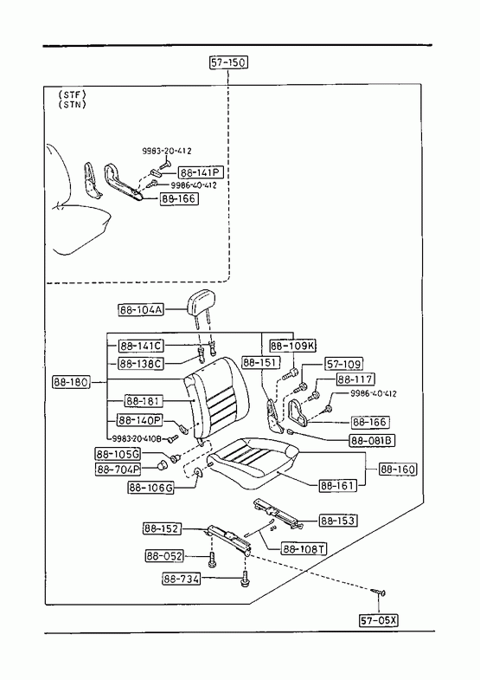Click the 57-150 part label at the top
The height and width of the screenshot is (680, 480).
(x=228, y=62)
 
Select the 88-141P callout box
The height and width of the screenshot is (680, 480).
(x=201, y=172)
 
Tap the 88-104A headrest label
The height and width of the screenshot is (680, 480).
(x=141, y=309)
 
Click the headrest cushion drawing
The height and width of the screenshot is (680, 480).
(x=201, y=302)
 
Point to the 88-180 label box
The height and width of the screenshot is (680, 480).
(x=71, y=382)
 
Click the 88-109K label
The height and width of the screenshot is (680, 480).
(x=293, y=346)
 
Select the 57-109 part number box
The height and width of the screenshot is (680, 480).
(x=343, y=364)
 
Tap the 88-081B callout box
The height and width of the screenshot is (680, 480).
(x=372, y=441)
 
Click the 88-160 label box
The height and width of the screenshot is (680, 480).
(x=398, y=469)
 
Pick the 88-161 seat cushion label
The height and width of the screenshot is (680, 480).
(x=338, y=485)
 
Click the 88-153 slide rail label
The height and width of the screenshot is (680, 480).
(x=338, y=520)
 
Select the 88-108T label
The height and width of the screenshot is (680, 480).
(x=304, y=548)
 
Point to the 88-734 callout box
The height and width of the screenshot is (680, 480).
(x=182, y=579)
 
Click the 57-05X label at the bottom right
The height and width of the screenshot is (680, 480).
(x=378, y=620)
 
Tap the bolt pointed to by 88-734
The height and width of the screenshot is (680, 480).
(x=244, y=580)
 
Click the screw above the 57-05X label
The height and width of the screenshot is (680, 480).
(x=379, y=592)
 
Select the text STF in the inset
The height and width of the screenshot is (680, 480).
(x=72, y=94)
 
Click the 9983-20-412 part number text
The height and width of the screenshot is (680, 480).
(x=167, y=151)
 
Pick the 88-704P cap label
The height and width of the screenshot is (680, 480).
(x=118, y=469)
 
